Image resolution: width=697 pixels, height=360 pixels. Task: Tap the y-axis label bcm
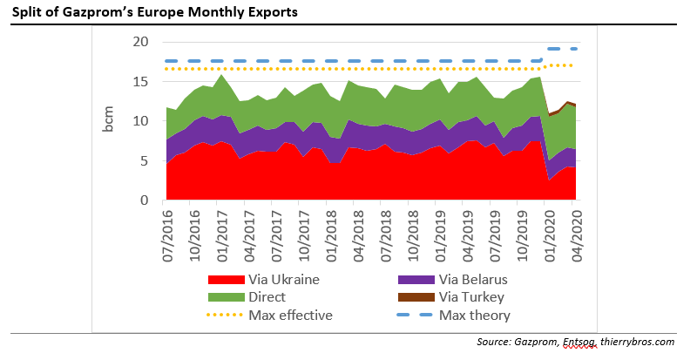(x=109, y=121)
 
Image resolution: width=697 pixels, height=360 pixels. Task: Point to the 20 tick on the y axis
(x=141, y=42)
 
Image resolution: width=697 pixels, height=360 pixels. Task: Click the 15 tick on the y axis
(x=141, y=82)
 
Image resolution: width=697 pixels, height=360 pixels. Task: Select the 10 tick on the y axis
(x=141, y=121)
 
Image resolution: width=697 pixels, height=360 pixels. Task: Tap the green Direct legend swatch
(x=225, y=297)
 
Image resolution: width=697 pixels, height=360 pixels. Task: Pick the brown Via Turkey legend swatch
(x=416, y=297)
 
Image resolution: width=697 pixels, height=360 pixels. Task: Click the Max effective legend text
(x=290, y=315)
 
